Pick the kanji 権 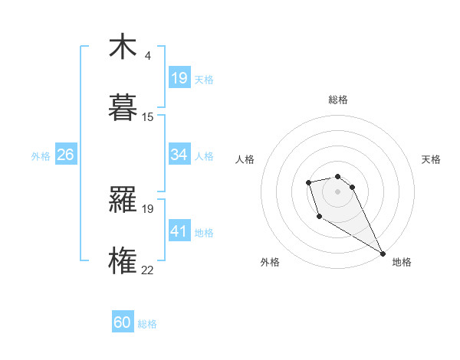[x=123, y=259]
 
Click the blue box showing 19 [x=179, y=77]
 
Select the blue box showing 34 [x=179, y=155]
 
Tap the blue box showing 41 [x=179, y=231]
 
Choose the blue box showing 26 [x=65, y=155]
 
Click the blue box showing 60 [x=123, y=322]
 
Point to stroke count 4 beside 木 [x=147, y=56]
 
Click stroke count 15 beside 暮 [x=148, y=116]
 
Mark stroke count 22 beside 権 [x=148, y=269]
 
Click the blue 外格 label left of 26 [x=41, y=156]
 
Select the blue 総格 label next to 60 [x=147, y=324]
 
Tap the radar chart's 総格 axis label [x=338, y=100]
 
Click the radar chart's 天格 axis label [x=431, y=159]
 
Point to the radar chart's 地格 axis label [x=402, y=262]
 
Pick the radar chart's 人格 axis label [x=245, y=159]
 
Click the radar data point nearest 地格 [x=383, y=254]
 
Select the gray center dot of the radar [x=337, y=191]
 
